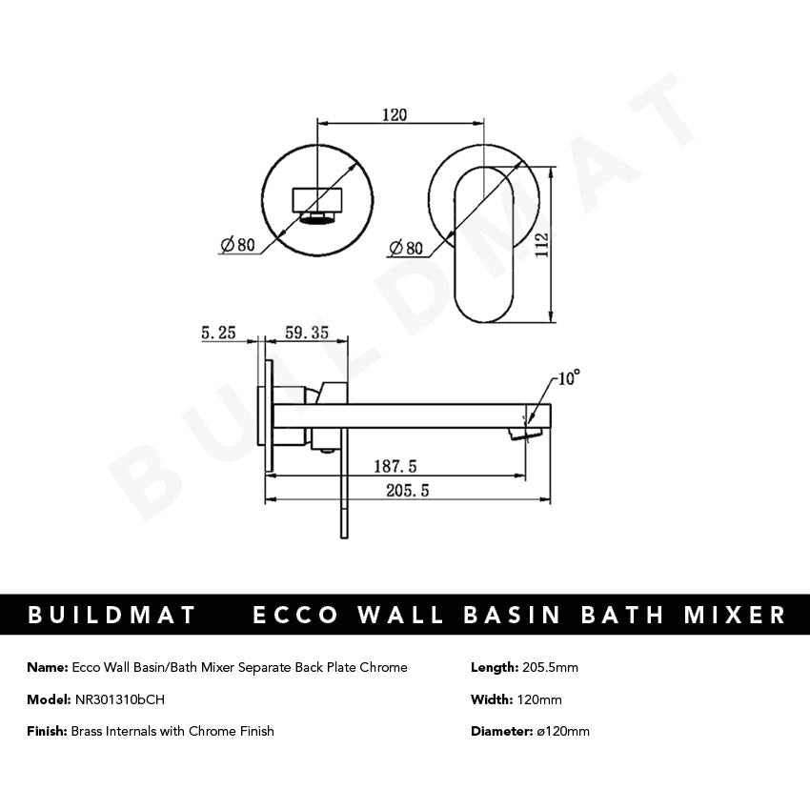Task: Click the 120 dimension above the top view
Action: [x=395, y=114]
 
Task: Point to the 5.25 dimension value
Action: [x=218, y=334]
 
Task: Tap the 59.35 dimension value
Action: [x=306, y=334]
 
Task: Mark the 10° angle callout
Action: [x=568, y=378]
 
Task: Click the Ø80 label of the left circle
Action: [x=238, y=245]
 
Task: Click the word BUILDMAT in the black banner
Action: [x=112, y=615]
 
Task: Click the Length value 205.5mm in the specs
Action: [x=551, y=667]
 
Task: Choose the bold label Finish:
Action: [x=48, y=731]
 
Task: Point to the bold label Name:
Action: [x=48, y=667]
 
